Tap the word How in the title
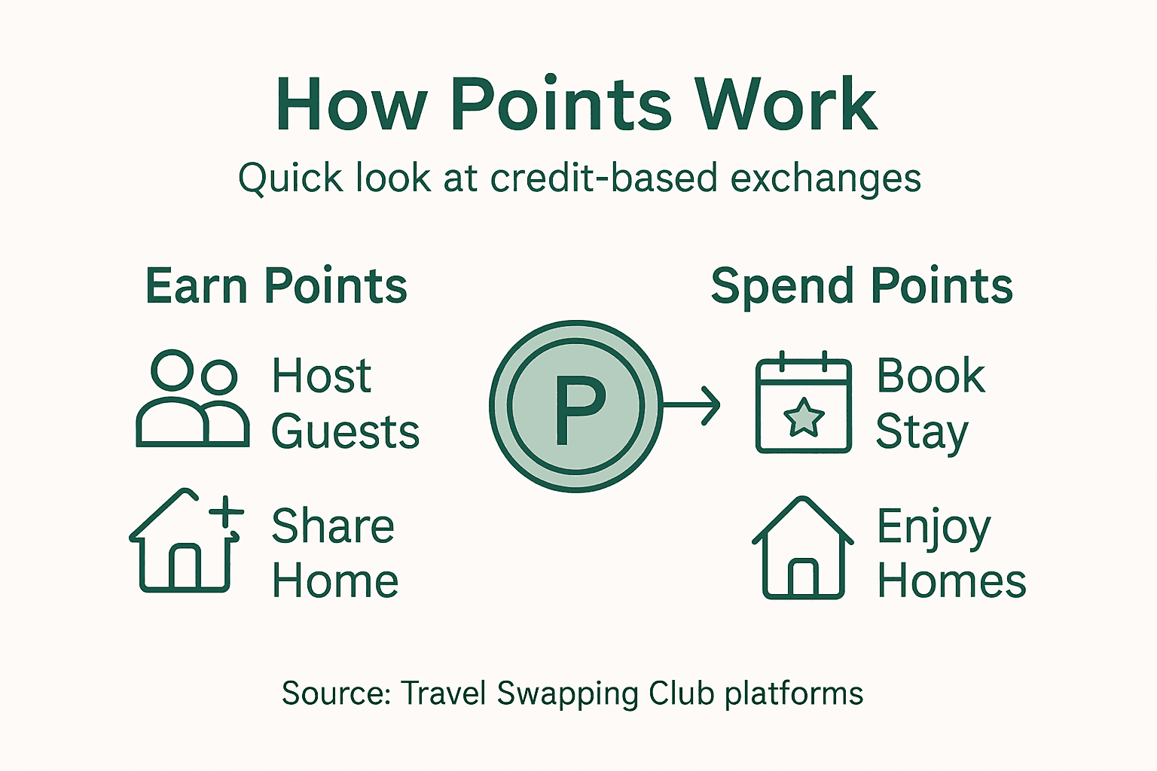(351, 105)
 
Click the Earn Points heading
(276, 287)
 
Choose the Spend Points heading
(862, 287)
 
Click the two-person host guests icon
(193, 399)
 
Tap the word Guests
(345, 432)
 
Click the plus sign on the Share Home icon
(226, 514)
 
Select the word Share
(332, 526)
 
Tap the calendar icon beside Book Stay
(803, 404)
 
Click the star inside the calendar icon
(804, 418)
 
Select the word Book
(931, 376)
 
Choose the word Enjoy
(933, 527)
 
